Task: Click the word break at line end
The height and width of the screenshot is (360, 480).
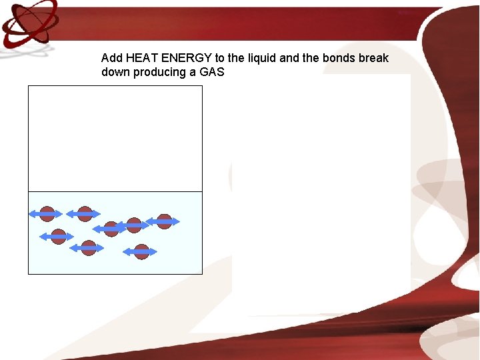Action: tap(373, 58)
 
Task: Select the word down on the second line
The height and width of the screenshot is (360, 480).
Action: tap(115, 72)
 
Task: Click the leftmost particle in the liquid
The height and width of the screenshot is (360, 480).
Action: tap(47, 214)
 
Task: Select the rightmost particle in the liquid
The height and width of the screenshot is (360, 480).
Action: tap(164, 221)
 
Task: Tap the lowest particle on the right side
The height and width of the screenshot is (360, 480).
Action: tap(141, 252)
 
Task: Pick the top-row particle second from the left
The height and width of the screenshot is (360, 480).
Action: tap(85, 214)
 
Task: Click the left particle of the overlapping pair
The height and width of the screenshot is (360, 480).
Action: tap(111, 229)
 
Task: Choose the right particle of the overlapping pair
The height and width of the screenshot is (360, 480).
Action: tap(134, 225)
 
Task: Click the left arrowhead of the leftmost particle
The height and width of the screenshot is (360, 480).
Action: tap(31, 214)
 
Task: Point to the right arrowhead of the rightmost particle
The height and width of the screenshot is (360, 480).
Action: tap(178, 221)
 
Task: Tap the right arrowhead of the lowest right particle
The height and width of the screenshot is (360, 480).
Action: tap(155, 252)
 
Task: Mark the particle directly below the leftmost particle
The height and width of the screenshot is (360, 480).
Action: tap(59, 237)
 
